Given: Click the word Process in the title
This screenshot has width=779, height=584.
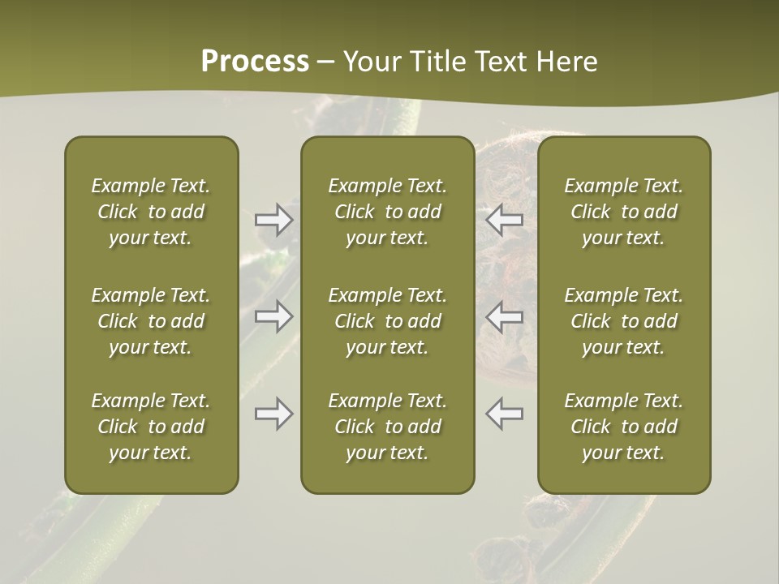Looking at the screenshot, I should coord(255,62).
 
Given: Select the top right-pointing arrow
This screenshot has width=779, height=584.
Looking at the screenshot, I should coord(273,219).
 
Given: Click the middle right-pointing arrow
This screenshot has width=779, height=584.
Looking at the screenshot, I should coord(273,316).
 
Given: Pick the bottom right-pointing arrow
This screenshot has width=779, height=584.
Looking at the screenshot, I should coord(273,414).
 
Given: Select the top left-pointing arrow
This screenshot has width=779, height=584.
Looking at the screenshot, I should coord(504,219).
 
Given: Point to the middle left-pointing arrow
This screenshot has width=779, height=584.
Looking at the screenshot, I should coord(504,316).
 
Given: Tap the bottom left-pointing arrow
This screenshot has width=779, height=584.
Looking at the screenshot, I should coord(504,414).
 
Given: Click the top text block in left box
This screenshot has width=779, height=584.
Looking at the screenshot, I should coord(151,212).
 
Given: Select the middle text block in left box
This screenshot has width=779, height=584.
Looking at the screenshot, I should coord(151,321).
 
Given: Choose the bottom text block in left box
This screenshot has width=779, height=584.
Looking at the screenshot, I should coord(151,427).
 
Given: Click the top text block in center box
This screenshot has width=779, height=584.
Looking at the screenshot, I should coord(387,212).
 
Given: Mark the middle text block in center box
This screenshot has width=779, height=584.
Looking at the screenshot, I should coord(387,321).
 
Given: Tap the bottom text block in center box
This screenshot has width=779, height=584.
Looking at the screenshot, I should coord(387,427).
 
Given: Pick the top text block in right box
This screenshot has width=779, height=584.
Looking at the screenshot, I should coord(623,212).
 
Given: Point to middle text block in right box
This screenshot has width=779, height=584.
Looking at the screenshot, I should coord(623,321).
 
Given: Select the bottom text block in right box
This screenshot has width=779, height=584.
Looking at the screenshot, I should coord(623,427).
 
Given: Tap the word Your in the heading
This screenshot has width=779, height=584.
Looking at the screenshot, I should coord(372,62).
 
